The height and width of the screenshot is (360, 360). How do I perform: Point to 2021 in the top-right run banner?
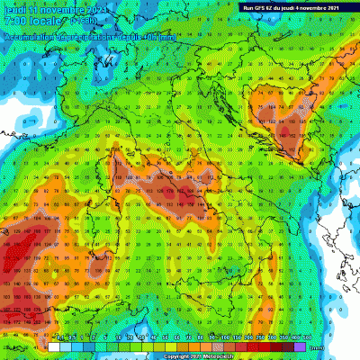tap(346, 7)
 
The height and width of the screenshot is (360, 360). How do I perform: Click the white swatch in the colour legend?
tap(54, 345)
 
